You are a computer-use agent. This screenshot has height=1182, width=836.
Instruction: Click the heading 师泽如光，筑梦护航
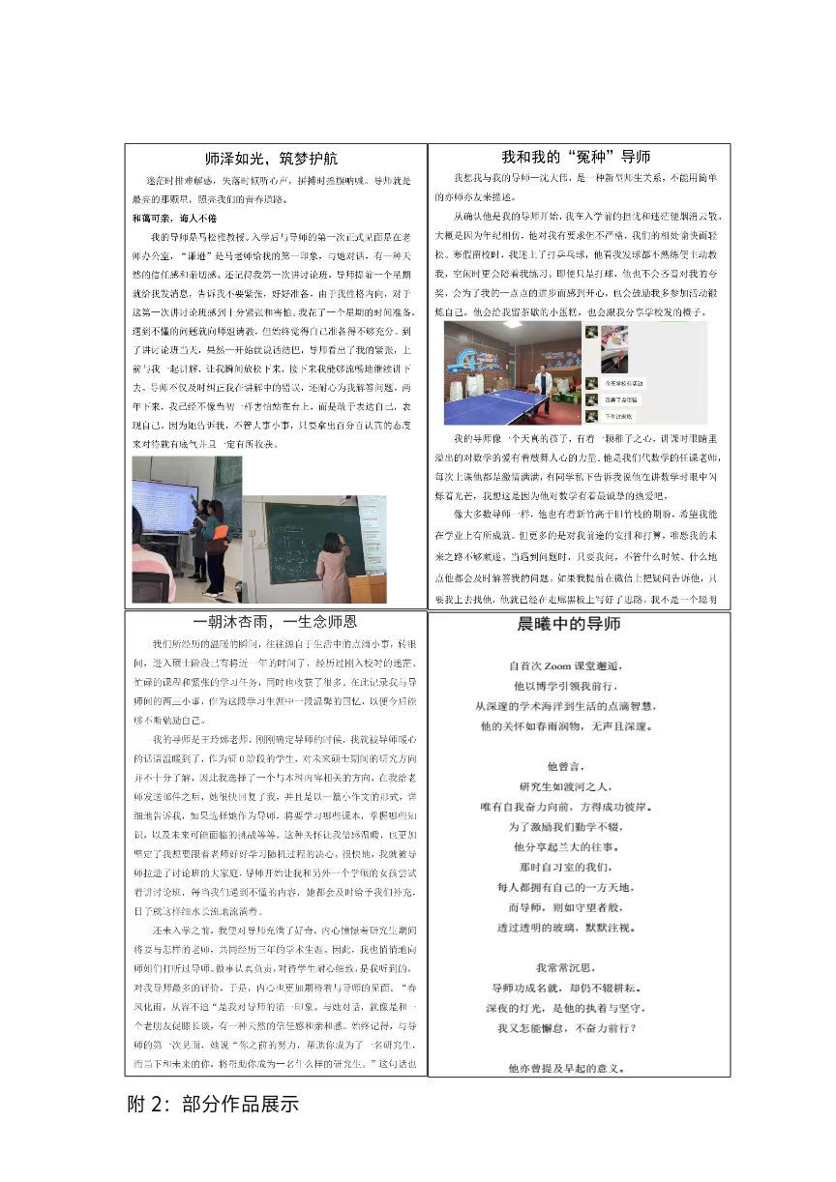(x=272, y=158)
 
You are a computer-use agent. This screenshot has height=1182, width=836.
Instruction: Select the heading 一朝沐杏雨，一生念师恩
(x=276, y=621)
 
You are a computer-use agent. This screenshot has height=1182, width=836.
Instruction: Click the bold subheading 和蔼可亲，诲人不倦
(x=174, y=218)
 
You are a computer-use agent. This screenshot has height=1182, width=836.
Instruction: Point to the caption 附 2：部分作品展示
(x=213, y=1104)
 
